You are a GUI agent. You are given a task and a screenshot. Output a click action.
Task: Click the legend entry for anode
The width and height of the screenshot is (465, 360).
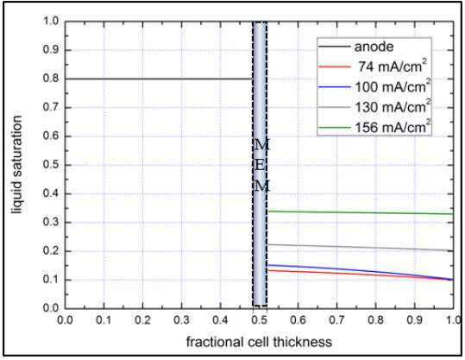coord(374,47)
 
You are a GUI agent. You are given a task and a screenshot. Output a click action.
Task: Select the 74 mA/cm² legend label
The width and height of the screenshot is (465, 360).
coord(393,66)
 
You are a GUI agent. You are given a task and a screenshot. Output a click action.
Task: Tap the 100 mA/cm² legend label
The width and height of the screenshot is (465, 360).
coord(393,86)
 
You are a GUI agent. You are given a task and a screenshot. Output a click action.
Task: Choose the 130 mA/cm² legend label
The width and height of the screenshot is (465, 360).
coord(393,106)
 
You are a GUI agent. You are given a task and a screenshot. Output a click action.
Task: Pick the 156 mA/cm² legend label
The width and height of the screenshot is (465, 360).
coord(393,127)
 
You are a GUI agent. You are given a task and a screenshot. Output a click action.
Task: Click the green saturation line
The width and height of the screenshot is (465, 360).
coord(361,212)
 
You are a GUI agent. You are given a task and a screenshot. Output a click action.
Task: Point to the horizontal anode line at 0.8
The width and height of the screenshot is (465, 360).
coord(159,79)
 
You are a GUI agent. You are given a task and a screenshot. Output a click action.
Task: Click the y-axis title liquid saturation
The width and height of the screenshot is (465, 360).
coord(17,165)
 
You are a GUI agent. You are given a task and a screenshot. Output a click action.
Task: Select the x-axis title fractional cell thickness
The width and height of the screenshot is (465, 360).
coord(259,342)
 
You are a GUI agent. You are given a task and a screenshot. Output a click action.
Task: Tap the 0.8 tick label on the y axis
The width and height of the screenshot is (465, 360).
coord(52,79)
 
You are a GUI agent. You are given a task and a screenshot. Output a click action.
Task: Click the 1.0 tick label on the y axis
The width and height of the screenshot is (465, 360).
coord(52,21)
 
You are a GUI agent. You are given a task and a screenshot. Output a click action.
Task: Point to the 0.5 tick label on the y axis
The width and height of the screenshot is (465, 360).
coord(52,165)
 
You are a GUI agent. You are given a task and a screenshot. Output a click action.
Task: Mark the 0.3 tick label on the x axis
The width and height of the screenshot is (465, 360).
coord(181,320)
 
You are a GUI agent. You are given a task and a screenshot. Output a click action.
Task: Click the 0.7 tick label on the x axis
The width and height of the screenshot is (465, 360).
coord(337,320)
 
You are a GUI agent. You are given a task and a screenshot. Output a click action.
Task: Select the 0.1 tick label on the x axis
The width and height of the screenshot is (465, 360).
coord(104,320)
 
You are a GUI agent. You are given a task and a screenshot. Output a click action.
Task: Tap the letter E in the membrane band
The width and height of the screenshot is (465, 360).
coord(260,165)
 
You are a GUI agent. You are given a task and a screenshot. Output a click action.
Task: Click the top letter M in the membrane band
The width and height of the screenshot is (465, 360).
coord(261,145)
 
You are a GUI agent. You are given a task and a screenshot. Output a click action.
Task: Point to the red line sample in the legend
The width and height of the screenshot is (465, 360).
coord(334,66)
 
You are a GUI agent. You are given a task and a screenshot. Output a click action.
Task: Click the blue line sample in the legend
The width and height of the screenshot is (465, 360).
coord(334,86)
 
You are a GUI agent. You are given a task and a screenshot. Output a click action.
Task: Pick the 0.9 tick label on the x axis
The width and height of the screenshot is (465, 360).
coord(415,320)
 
